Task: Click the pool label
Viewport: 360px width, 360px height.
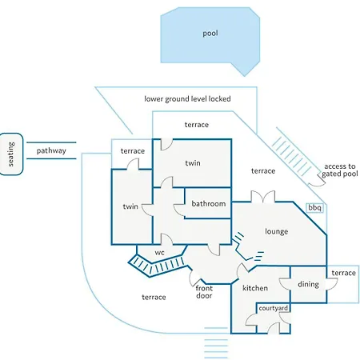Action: click(x=210, y=34)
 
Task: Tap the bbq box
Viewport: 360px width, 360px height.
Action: click(x=315, y=208)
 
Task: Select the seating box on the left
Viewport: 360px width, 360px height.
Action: click(x=11, y=154)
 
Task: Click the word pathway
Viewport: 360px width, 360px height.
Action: click(x=51, y=150)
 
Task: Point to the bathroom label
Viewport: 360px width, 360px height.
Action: click(x=209, y=204)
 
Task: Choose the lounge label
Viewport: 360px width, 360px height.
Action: click(x=277, y=231)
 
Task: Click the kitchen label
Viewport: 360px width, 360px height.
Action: click(x=255, y=288)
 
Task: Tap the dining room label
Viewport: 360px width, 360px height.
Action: click(x=308, y=285)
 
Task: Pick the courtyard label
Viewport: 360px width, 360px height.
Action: click(x=274, y=308)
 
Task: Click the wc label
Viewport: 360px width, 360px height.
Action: click(x=159, y=252)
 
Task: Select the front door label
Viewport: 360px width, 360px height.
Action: click(x=204, y=292)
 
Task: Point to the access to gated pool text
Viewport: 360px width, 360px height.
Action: click(x=340, y=170)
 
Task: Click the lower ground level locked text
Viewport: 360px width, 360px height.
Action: click(x=187, y=99)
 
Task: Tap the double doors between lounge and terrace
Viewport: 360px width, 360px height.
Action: click(x=263, y=197)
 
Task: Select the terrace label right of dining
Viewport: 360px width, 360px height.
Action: click(x=344, y=273)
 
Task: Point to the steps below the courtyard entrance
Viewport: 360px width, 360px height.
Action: click(x=216, y=343)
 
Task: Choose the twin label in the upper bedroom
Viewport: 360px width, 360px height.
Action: click(x=193, y=163)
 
